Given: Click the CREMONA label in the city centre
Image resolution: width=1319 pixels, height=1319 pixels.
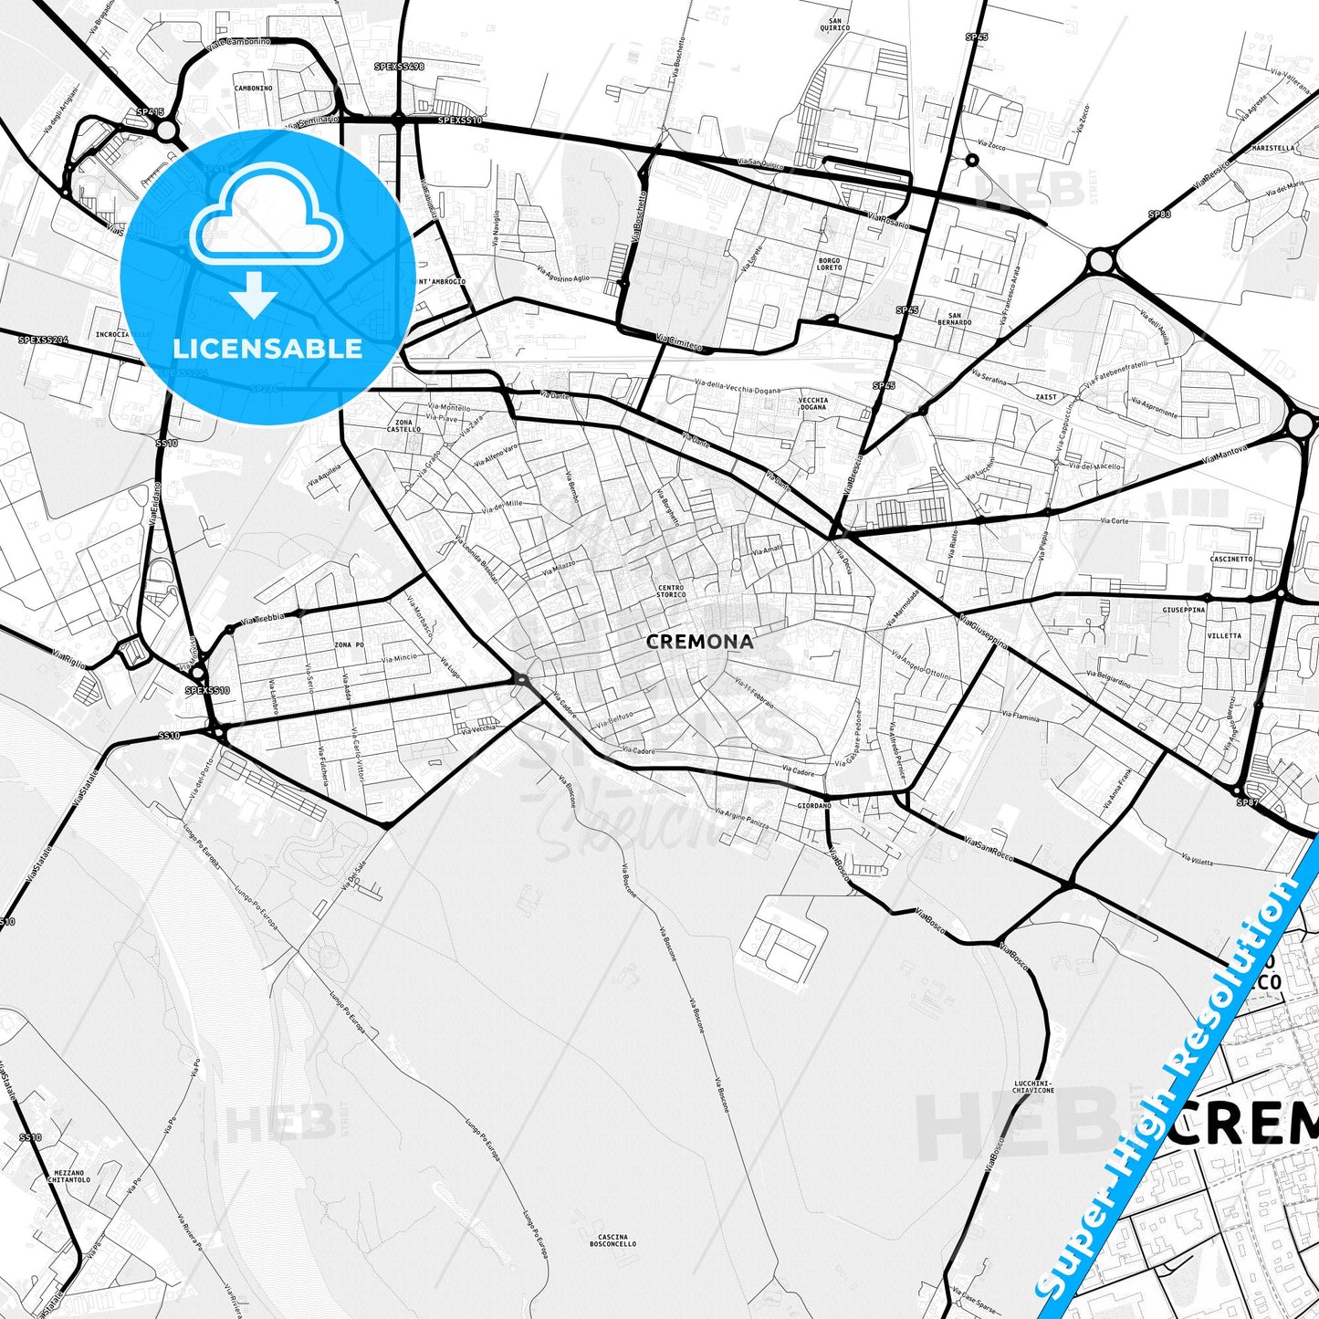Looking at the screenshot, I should pos(699,642).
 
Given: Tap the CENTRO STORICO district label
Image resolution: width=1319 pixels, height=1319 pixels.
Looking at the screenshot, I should pos(671,591).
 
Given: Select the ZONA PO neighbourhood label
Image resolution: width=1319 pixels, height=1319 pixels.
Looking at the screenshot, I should pos(349,645).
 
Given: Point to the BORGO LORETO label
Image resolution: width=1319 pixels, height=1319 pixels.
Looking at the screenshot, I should pos(829,265).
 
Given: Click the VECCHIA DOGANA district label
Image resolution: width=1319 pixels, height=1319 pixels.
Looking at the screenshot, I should pos(812,403).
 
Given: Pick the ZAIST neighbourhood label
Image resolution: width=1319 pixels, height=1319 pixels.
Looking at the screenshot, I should pos(1046,397).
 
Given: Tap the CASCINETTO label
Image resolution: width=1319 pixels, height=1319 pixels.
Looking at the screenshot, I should pos(1230,559).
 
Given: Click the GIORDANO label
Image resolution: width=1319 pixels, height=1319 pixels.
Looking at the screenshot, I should pos(814,806).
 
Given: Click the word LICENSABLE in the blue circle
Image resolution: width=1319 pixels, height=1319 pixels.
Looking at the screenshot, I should pos(267,348).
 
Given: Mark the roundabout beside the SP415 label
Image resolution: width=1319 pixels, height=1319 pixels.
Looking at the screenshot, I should pos(166,131).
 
